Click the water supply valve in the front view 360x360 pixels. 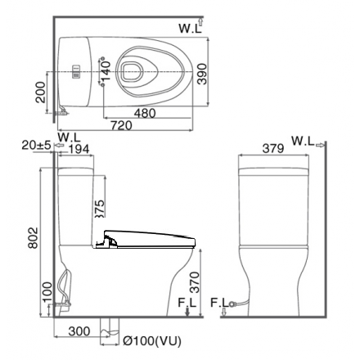pos(236,304)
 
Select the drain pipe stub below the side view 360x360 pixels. pos(106,327)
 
